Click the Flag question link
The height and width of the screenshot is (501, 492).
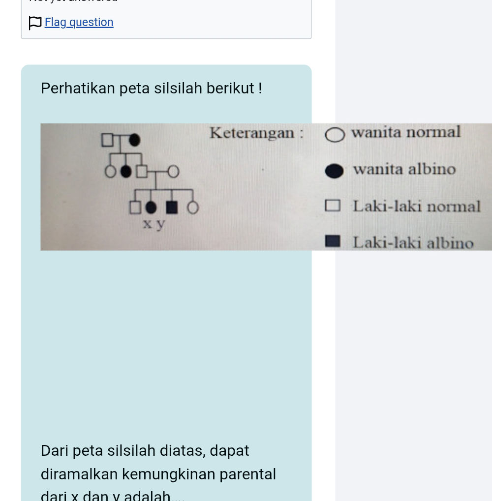pos(79,23)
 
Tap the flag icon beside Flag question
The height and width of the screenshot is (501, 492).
pos(35,23)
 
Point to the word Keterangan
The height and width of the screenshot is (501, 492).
pos(252,133)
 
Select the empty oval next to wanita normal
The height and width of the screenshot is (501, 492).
pos(335,135)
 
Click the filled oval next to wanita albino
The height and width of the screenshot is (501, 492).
pos(335,171)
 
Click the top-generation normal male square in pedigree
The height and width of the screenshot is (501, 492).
pos(107,140)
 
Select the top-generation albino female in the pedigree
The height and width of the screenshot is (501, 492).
pos(134,140)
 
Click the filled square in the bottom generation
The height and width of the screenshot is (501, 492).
pos(172,207)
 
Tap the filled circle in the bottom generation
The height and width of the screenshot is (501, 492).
pos(151,207)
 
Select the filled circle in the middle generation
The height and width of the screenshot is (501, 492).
pos(126,172)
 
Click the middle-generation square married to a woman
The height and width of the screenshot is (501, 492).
pos(142,172)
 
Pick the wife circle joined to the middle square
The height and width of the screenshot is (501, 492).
pos(173,172)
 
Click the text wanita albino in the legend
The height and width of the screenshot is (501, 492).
pos(404,170)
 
